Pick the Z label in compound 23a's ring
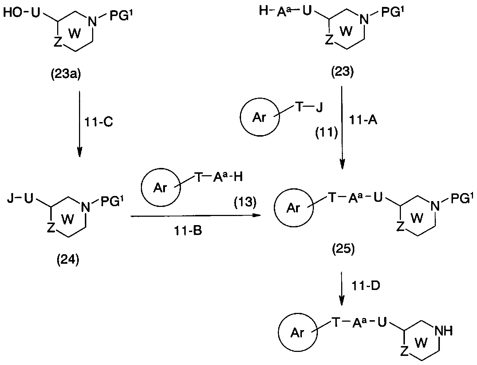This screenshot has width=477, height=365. click(x=58, y=42)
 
